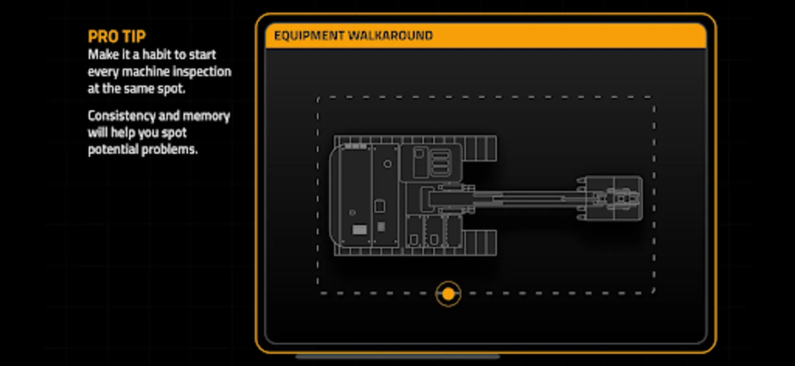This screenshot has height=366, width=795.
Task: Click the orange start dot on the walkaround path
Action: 448,294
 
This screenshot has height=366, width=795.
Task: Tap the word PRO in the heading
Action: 102,37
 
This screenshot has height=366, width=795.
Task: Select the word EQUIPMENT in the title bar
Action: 309,36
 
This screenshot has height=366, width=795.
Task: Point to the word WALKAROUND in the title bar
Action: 390,36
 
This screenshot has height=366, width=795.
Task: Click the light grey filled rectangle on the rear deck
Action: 359,230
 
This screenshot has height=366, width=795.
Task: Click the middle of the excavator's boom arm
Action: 525,199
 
